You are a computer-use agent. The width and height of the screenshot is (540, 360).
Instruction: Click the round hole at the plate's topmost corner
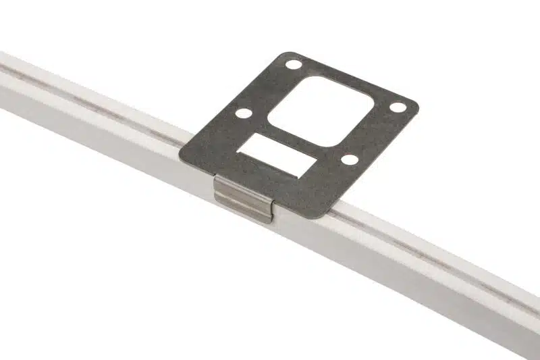pyautogui.click(x=293, y=66)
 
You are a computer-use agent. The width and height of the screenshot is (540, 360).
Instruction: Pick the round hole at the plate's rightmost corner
pyautogui.click(x=398, y=107)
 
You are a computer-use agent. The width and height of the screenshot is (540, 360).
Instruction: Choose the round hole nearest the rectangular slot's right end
pyautogui.click(x=349, y=159)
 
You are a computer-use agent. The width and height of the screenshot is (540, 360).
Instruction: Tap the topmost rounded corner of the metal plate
pyautogui.click(x=287, y=55)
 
